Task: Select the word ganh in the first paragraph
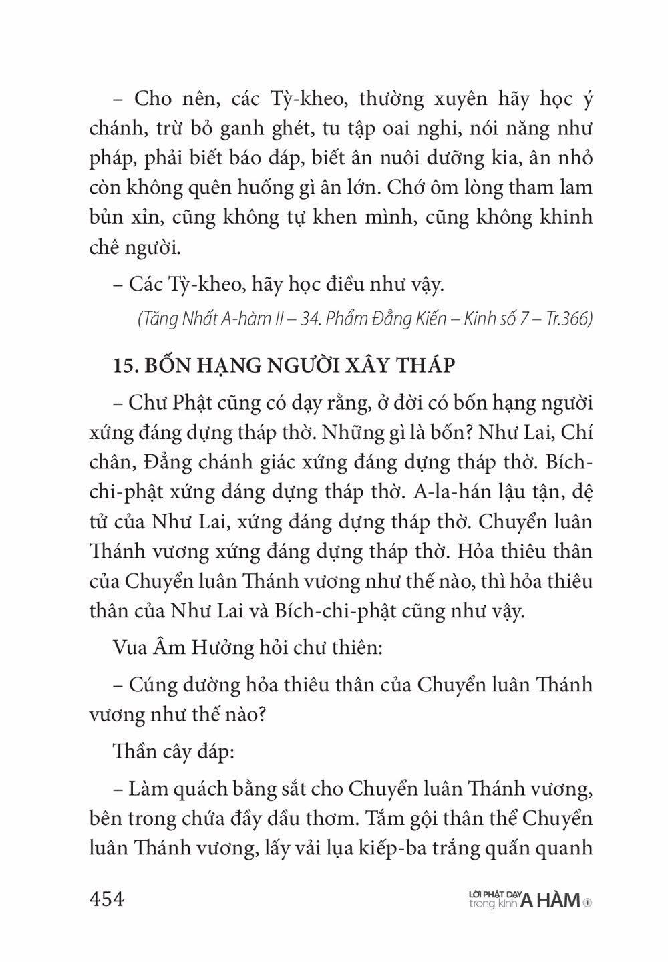tap(239, 129)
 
